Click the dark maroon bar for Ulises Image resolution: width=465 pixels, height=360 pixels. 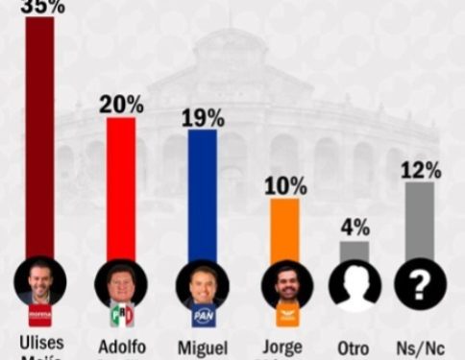39,134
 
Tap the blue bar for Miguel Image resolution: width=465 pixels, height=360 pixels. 202,192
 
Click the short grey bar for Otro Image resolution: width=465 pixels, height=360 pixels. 354,250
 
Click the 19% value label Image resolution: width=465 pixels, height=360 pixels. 203,117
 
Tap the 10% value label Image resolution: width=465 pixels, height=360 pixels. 284,185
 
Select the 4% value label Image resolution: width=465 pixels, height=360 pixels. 355,228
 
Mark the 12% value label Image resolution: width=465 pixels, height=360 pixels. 420,170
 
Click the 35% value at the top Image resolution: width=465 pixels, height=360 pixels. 41,7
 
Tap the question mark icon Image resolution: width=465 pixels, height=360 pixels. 420,283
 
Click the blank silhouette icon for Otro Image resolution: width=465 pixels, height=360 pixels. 355,283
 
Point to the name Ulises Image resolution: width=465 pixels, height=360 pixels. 40,344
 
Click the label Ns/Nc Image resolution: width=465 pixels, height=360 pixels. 420,346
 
